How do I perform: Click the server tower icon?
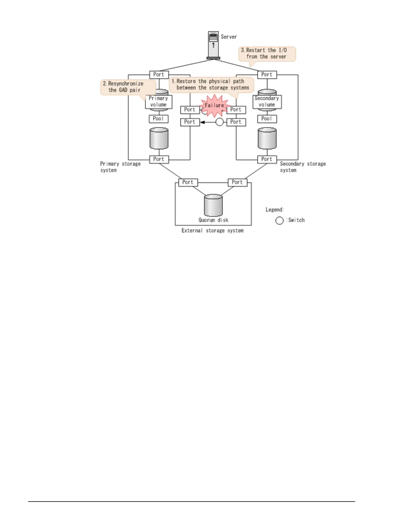[213, 45]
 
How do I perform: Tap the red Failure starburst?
[214, 105]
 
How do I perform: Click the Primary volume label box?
[158, 101]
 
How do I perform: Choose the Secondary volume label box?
[267, 101]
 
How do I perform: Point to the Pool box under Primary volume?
[158, 119]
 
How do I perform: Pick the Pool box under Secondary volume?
[267, 119]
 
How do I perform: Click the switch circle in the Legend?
[279, 220]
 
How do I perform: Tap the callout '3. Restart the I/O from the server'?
[267, 54]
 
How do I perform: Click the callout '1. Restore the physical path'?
[211, 85]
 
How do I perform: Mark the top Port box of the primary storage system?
[159, 75]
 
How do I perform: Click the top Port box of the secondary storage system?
[267, 75]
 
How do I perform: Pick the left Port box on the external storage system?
[188, 182]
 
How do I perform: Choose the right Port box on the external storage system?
[237, 182]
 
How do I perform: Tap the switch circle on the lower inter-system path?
[219, 122]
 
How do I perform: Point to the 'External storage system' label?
[212, 231]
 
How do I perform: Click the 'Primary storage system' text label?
[120, 167]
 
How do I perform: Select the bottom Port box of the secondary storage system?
[267, 159]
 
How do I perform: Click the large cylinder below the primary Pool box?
[159, 138]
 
